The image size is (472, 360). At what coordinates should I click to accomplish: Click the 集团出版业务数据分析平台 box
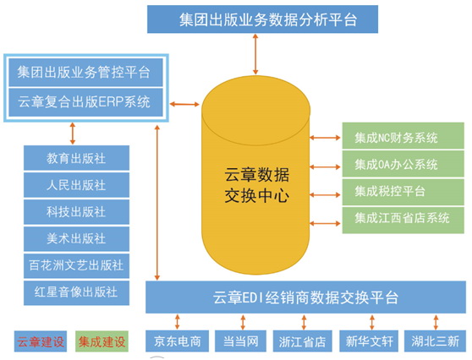pyautogui.click(x=262, y=19)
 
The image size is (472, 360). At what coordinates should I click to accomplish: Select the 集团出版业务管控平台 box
pyautogui.click(x=85, y=73)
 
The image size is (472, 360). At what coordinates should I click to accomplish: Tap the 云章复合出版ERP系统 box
pyautogui.click(x=85, y=102)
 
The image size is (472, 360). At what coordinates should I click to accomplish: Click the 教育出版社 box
pyautogui.click(x=76, y=158)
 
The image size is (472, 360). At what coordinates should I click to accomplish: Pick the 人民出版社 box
pyautogui.click(x=76, y=185)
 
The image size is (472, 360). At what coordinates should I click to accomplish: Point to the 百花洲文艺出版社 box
pyautogui.click(x=76, y=265)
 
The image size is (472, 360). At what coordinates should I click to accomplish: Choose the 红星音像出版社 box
pyautogui.click(x=76, y=292)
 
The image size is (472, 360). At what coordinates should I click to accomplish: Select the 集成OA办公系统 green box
pyautogui.click(x=403, y=164)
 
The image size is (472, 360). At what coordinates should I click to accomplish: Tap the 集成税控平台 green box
pyautogui.click(x=403, y=192)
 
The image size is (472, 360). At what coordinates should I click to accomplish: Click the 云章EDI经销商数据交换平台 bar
pyautogui.click(x=306, y=297)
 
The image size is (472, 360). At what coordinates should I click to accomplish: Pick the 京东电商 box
pyautogui.click(x=178, y=341)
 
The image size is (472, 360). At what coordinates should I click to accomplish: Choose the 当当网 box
pyautogui.click(x=240, y=341)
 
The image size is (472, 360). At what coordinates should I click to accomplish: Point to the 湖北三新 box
pyautogui.click(x=435, y=341)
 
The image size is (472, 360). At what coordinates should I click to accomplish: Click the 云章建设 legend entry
pyautogui.click(x=41, y=341)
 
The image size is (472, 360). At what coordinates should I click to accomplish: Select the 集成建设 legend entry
pyautogui.click(x=102, y=341)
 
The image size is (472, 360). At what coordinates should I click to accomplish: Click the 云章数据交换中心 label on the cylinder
pyautogui.click(x=257, y=185)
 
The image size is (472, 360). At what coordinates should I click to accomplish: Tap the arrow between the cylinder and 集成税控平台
pyautogui.click(x=325, y=195)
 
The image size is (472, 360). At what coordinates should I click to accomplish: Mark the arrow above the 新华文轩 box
pyautogui.click(x=372, y=322)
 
